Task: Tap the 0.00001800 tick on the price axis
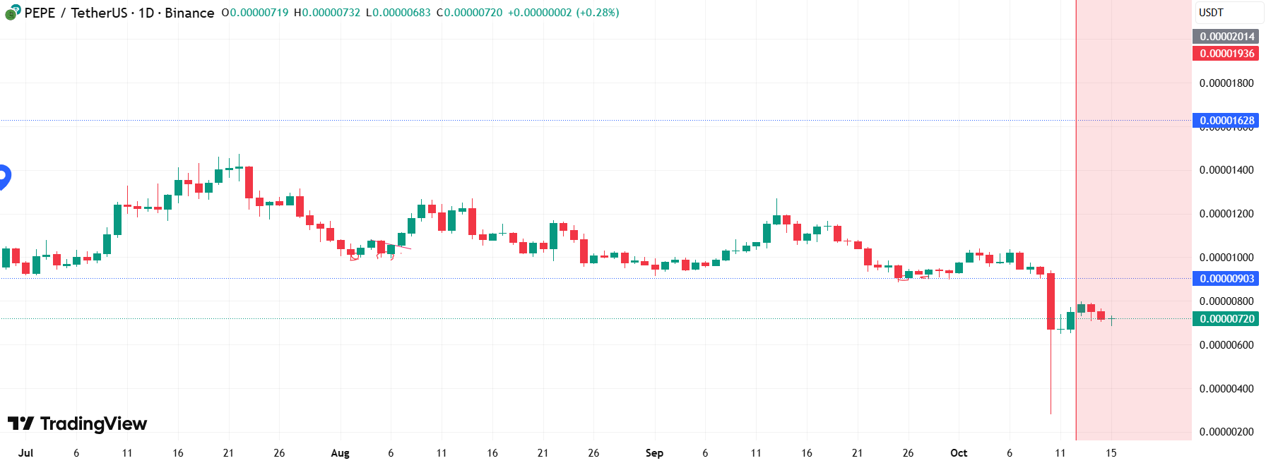pyautogui.click(x=1226, y=83)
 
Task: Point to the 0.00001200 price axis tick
pyautogui.click(x=1226, y=214)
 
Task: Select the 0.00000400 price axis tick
pyautogui.click(x=1226, y=389)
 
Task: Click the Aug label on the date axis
pyautogui.click(x=340, y=453)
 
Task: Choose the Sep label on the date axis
pyautogui.click(x=654, y=453)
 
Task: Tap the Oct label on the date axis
pyautogui.click(x=959, y=453)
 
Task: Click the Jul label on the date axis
pyautogui.click(x=25, y=453)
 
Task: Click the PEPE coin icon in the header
pyautogui.click(x=12, y=13)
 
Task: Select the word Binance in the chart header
pyautogui.click(x=189, y=13)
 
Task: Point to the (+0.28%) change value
pyautogui.click(x=597, y=13)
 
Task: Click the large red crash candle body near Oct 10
pyautogui.click(x=1051, y=301)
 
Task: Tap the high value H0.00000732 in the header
pyautogui.click(x=327, y=13)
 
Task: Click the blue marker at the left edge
pyautogui.click(x=4, y=176)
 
